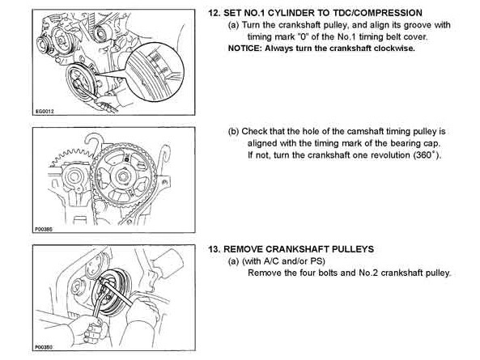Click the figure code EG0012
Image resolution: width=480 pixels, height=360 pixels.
(x=45, y=112)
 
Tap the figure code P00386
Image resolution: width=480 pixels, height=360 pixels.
(x=44, y=229)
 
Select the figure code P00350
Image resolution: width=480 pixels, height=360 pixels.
(x=44, y=347)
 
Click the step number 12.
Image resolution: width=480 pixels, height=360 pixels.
(x=214, y=13)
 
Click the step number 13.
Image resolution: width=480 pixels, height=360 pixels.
(x=214, y=249)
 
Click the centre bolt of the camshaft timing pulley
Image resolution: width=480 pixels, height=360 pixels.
(x=123, y=176)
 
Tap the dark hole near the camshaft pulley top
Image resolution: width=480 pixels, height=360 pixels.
(x=127, y=158)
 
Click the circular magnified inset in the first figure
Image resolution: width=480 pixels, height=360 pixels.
(x=155, y=71)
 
